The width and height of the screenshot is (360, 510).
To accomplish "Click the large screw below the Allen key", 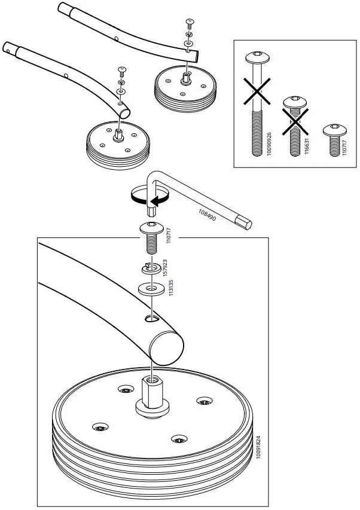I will [x=151, y=237].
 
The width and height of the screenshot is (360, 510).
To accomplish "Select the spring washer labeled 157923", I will [x=152, y=267].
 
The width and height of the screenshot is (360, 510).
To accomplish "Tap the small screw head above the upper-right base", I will [x=190, y=22].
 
